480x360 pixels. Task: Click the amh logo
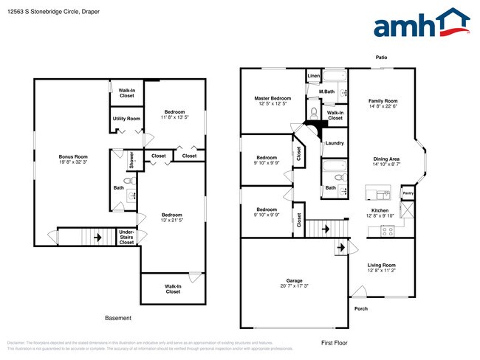click(421, 24)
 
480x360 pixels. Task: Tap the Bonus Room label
click(73, 156)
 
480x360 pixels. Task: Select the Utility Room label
click(126, 118)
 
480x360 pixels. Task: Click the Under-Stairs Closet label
click(126, 237)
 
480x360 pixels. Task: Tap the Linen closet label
click(314, 76)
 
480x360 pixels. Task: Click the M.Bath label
click(327, 91)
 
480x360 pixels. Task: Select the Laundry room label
click(335, 142)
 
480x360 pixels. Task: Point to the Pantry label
click(408, 195)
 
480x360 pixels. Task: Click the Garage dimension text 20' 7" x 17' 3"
click(295, 286)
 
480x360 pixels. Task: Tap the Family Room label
click(383, 100)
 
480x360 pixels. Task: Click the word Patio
click(381, 58)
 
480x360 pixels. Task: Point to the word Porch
click(361, 308)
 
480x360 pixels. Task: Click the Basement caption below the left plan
click(117, 318)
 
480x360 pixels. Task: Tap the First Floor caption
click(334, 342)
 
